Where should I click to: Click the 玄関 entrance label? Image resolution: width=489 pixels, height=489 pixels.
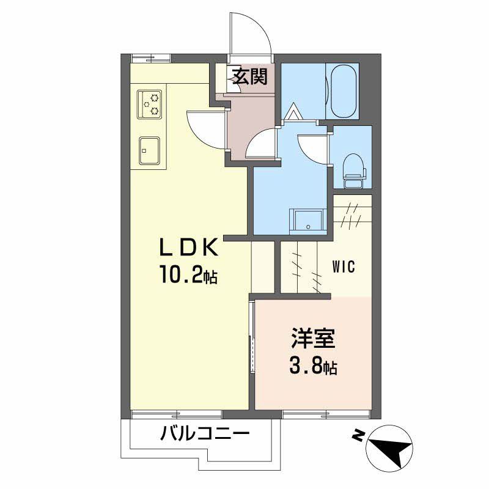(249, 77)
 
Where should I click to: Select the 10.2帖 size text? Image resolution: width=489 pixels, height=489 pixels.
(188, 276)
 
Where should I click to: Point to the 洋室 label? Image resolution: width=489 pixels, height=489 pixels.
(312, 339)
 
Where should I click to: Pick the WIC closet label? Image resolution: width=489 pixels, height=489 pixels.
(344, 267)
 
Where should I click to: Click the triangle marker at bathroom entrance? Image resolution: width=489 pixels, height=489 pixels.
(293, 111)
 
